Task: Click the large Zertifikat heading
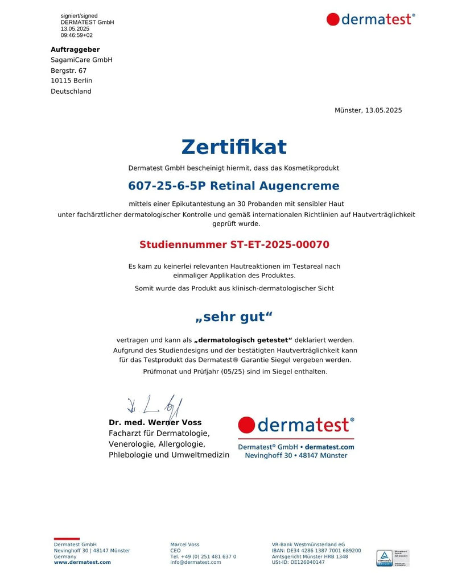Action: [233, 147]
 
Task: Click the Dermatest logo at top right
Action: [370, 19]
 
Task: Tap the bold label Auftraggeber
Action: [75, 49]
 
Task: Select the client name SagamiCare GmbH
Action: [81, 60]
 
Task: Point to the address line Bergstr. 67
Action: [68, 70]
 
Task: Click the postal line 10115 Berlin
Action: [71, 81]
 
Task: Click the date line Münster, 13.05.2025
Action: [368, 110]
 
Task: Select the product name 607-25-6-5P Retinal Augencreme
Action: [233, 186]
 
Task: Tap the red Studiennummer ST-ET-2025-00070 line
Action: [234, 245]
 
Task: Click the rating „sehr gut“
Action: [233, 317]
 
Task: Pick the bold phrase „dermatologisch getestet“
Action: [243, 340]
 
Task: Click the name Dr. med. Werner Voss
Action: [155, 423]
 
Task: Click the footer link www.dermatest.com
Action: [82, 562]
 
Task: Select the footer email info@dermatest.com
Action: [195, 562]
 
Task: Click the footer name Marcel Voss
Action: [184, 544]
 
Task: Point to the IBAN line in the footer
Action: [316, 551]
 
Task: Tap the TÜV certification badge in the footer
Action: [385, 558]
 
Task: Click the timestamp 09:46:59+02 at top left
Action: [76, 35]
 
